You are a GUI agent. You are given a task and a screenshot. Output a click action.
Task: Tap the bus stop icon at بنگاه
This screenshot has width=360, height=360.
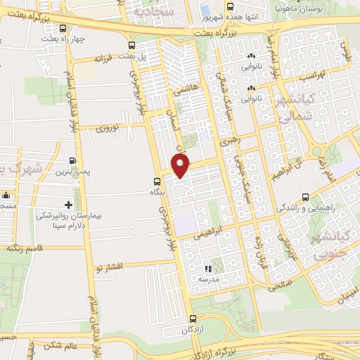click(155, 181)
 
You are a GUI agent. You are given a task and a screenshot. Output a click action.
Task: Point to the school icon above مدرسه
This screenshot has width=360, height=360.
click(207, 268)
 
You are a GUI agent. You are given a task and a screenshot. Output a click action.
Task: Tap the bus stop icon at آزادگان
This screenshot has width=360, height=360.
click(193, 319)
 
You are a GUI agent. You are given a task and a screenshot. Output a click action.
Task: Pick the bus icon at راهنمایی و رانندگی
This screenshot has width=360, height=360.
click(304, 198)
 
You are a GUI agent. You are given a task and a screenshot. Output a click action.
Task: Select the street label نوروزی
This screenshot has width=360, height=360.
click(110, 128)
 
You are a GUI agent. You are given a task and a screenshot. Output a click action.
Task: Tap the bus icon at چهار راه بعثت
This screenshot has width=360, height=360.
click(64, 30)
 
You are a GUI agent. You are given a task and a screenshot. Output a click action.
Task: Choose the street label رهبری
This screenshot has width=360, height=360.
click(231, 140)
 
